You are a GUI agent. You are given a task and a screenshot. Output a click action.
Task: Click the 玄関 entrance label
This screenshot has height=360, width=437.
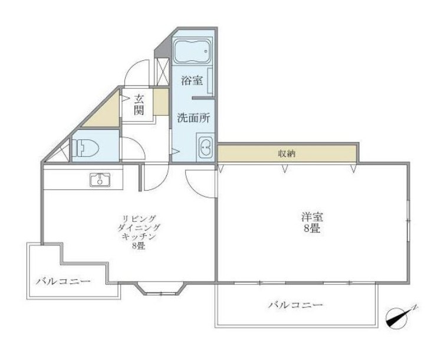[139, 104]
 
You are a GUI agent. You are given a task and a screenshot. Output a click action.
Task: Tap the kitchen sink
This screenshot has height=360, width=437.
[100, 179]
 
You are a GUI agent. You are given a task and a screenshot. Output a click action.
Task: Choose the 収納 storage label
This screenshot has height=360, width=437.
[287, 153]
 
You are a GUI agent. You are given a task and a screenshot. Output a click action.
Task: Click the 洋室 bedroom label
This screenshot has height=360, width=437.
[312, 217]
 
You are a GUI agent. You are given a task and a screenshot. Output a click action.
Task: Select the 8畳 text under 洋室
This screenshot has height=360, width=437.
[312, 228]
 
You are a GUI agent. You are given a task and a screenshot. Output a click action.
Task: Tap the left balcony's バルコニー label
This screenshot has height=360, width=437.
[63, 282]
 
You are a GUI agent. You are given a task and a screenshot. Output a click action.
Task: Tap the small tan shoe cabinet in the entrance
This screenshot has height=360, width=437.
[160, 103]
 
